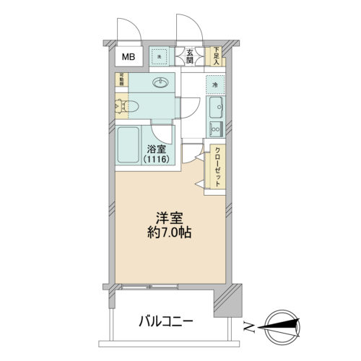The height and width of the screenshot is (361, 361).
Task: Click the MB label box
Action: coord(128,57)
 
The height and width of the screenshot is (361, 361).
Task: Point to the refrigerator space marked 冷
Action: coord(215,86)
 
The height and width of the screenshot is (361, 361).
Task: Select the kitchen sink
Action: coord(215,109)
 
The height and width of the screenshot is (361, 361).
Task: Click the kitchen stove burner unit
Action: coord(215,130)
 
